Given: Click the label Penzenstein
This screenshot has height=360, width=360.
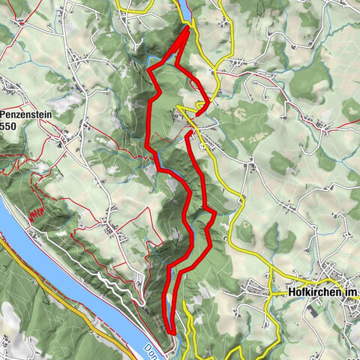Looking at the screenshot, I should point(27,115).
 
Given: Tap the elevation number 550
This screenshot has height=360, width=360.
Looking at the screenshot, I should point(9,127).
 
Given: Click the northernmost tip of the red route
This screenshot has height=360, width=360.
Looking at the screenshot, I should point(186,27).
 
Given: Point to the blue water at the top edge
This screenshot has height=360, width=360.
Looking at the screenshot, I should point(183,7).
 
